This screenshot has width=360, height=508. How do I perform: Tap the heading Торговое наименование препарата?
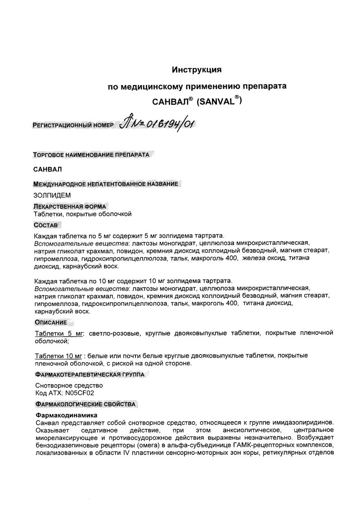(91, 154)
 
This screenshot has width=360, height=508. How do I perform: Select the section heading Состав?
(46, 225)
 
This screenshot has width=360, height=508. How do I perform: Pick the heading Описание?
(51, 322)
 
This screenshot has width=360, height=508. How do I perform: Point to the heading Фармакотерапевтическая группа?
(90, 374)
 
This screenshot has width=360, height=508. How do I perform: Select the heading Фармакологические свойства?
(85, 404)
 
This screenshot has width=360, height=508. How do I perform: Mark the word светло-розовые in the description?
(111, 333)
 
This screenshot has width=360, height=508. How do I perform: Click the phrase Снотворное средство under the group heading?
(69, 386)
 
